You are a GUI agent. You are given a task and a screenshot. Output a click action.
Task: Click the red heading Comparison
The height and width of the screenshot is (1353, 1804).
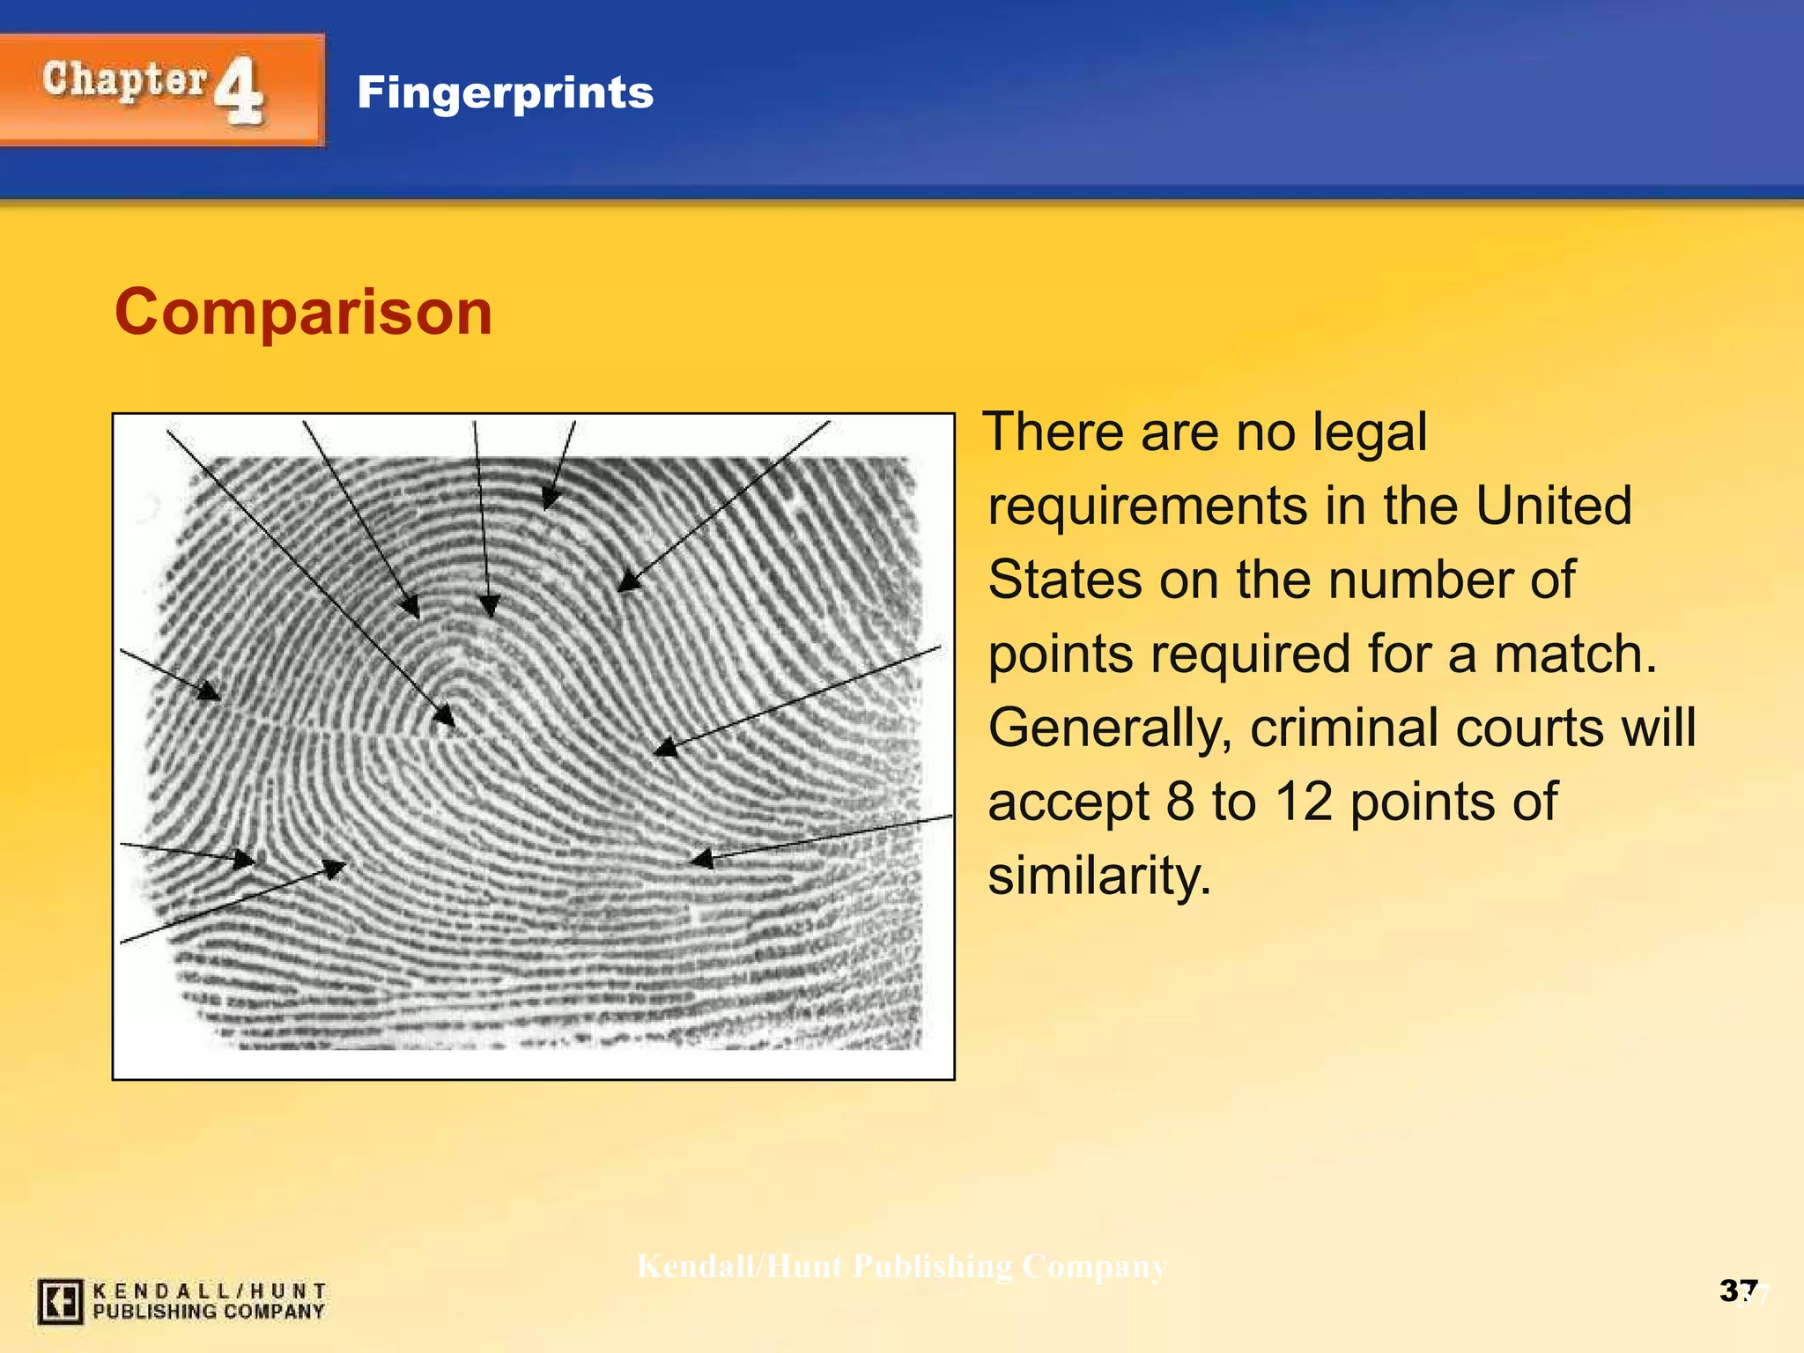[x=303, y=313]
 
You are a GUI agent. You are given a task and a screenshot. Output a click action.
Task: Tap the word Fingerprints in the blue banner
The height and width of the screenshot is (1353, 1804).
[x=505, y=92]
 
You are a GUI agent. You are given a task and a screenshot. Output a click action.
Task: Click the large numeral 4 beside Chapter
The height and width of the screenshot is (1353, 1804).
[x=239, y=91]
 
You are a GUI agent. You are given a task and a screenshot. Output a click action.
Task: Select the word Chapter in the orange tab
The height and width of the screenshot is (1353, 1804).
[x=124, y=80]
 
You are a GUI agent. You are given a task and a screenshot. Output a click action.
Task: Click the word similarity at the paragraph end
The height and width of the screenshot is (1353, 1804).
[x=1099, y=876]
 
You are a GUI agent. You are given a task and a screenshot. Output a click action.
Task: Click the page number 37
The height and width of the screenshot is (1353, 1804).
[x=1738, y=1290]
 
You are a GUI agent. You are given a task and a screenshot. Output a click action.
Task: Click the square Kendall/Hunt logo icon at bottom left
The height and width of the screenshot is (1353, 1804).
[x=60, y=1301]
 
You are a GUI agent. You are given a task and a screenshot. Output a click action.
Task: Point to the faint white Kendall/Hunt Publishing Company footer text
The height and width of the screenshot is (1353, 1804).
[x=901, y=1266]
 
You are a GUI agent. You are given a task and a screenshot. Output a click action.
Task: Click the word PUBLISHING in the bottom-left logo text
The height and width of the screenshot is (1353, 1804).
[x=155, y=1312]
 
